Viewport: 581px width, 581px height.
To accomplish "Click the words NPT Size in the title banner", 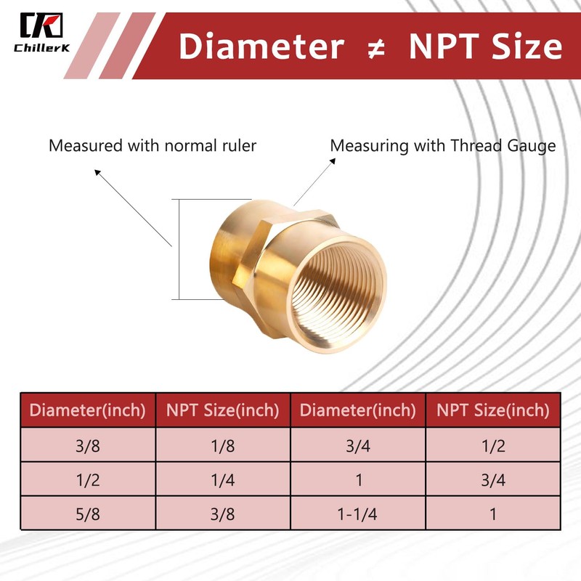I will click(x=485, y=47).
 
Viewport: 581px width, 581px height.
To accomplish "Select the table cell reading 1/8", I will click(x=223, y=446).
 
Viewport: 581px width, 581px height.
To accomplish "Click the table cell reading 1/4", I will click(x=223, y=479).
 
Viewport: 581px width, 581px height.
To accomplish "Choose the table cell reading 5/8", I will click(x=88, y=513).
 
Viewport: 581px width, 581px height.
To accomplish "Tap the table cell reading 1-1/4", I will click(x=357, y=513).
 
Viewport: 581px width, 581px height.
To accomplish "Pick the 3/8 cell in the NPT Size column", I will click(x=223, y=513).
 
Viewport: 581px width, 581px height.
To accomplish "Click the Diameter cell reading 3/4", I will click(x=357, y=446).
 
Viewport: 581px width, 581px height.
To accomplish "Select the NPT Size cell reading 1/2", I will click(x=492, y=446).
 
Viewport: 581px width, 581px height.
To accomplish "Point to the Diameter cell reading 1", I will click(x=357, y=479).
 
